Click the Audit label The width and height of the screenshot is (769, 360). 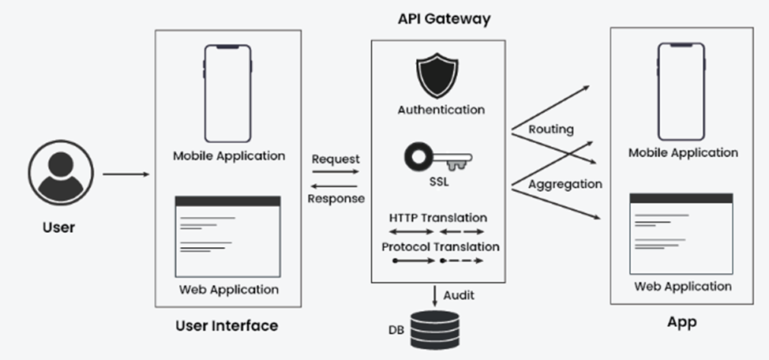(459, 295)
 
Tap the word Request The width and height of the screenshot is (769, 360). (336, 159)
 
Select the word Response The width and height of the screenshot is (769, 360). (336, 198)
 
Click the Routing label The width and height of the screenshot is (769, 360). (551, 129)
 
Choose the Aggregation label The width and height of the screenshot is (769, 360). (565, 184)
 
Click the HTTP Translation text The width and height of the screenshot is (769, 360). (438, 217)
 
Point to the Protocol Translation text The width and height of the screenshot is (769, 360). (441, 246)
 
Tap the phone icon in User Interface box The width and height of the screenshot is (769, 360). (228, 93)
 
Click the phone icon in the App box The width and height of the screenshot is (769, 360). (683, 92)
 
